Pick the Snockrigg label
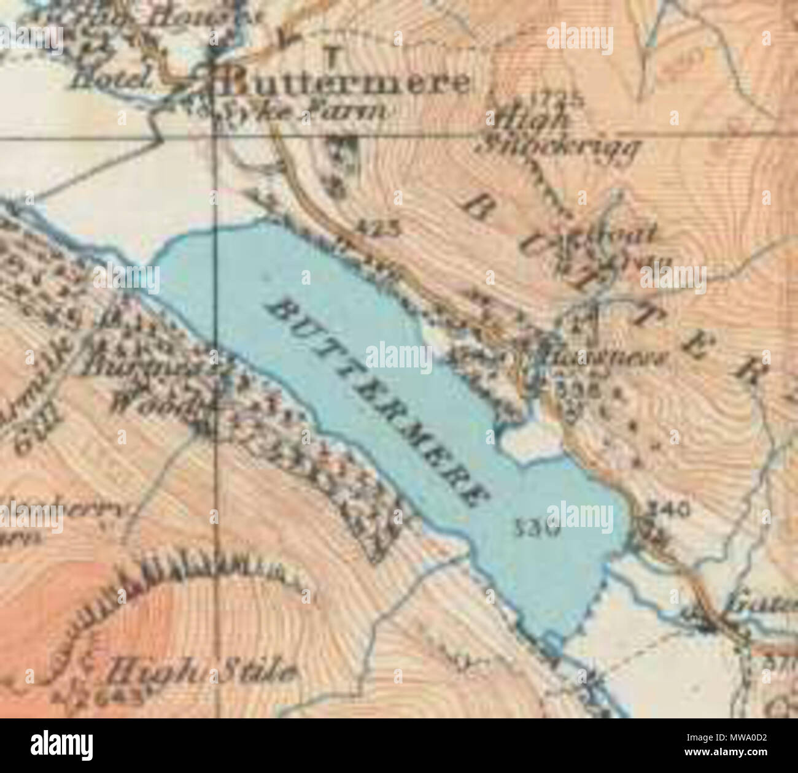click(562, 147)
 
